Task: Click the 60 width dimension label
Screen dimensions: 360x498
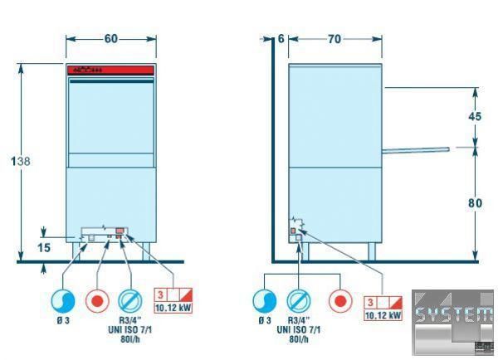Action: (110, 39)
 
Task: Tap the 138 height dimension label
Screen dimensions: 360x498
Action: (22, 162)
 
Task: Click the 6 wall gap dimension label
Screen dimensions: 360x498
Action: (281, 39)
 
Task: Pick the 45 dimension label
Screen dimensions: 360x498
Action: (475, 117)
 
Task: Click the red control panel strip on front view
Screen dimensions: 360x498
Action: (110, 71)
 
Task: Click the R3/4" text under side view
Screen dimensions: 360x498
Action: (299, 320)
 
